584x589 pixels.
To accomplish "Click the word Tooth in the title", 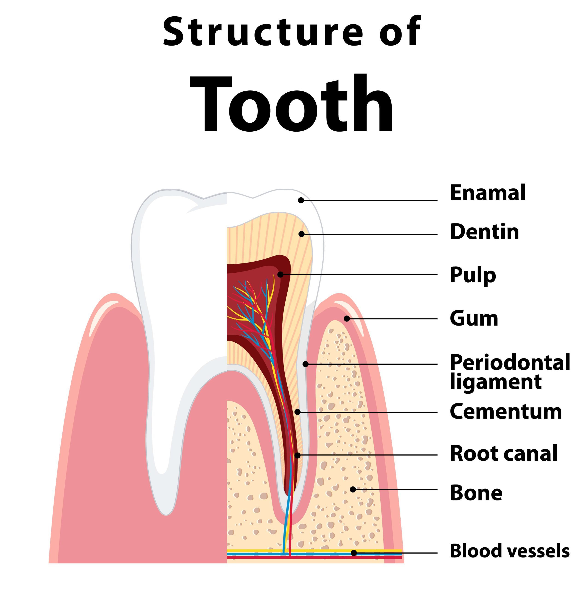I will tap(291, 104).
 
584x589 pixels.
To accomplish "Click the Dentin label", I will tap(484, 232).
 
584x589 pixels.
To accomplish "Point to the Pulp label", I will tap(473, 275).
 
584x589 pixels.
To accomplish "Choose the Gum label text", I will tap(474, 319).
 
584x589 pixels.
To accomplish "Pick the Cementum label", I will tap(505, 412).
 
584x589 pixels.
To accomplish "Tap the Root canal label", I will tap(503, 453).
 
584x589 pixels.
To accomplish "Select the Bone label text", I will tap(476, 493).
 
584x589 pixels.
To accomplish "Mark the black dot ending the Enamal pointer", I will tap(301, 200).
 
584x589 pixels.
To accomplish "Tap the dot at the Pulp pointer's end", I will tap(280, 275).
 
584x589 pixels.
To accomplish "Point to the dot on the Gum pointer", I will tap(347, 319).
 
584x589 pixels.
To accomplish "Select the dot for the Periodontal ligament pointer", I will tap(306, 364).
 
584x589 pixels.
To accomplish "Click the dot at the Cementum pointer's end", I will tap(297, 412).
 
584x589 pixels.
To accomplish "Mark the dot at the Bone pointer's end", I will tap(353, 489).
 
